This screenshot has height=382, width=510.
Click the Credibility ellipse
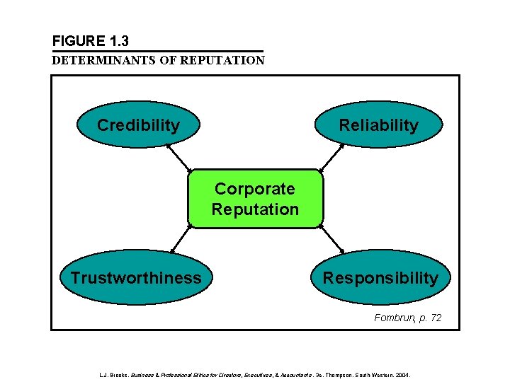pos(138,125)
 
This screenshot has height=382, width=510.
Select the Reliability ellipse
pos(379,125)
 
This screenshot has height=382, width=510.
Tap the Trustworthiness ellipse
pos(135,277)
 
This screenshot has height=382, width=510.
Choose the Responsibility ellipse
pos(380,277)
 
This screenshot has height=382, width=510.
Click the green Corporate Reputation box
pos(255,199)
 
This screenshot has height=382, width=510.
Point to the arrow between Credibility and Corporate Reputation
pos(178,158)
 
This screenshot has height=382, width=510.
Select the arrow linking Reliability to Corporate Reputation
pos(332,158)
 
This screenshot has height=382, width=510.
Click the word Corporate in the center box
pos(255,189)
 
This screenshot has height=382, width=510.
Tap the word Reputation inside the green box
pos(255,209)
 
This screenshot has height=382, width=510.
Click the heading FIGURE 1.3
pos(90,41)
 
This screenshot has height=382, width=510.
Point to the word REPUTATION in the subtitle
pos(222,60)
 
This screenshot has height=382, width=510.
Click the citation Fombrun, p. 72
pos(407,318)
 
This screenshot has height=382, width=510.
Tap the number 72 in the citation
pos(434,318)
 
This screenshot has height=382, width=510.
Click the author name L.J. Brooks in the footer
pos(113,374)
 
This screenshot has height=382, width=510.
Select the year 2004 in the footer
pos(401,374)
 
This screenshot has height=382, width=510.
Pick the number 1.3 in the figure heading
pos(117,41)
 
